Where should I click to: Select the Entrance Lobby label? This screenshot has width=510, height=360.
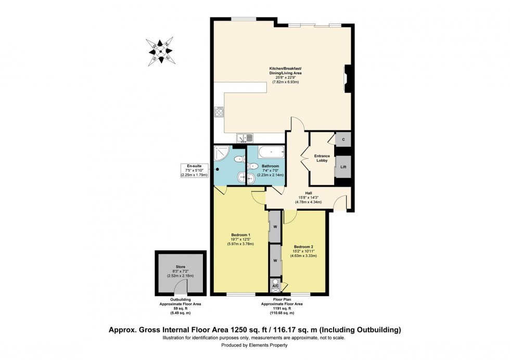[x=323, y=158]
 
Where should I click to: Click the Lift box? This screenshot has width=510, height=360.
[x=343, y=167]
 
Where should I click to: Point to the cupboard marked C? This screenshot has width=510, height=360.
[x=343, y=139]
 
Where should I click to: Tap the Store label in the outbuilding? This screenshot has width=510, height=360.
[x=180, y=266]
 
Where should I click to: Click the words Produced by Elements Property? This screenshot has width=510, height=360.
[x=254, y=345]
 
